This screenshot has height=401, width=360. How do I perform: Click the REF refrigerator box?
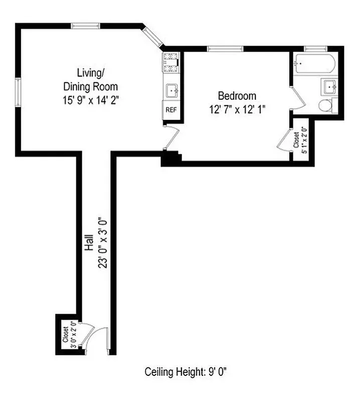171,110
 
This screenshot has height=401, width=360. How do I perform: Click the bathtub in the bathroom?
315,65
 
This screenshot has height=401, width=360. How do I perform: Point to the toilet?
325,105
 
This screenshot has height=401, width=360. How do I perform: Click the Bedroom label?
237,95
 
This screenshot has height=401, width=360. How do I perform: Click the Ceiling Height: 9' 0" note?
189,372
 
